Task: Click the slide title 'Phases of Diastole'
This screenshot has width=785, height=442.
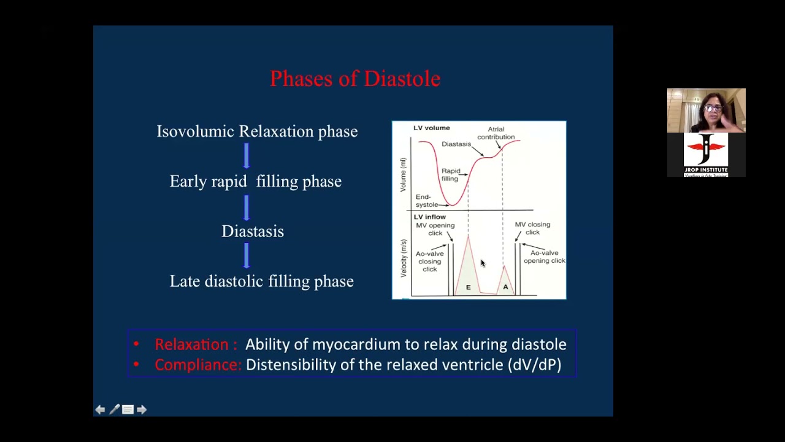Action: [x=355, y=79]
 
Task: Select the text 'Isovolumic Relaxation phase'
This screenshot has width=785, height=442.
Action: [x=257, y=131]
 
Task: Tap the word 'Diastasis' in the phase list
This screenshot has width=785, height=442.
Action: [x=253, y=231]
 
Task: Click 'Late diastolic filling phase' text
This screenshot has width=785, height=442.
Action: [x=262, y=281]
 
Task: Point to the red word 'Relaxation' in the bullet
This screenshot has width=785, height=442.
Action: [x=191, y=344]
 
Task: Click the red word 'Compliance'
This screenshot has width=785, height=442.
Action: [x=197, y=365]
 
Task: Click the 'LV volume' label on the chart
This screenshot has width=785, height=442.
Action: [x=432, y=128]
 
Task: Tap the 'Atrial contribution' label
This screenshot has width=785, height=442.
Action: [x=496, y=133]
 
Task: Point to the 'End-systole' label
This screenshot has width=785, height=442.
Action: [x=427, y=201]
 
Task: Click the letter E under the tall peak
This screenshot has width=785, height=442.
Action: [x=469, y=287]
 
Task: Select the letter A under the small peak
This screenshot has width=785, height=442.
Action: [x=505, y=287]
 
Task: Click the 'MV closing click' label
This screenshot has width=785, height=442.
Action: [x=532, y=228]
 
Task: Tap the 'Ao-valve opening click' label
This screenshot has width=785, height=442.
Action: [x=544, y=257]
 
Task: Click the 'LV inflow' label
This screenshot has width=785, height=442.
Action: [x=430, y=217]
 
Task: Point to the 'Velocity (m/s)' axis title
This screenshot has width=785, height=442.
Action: [x=404, y=258]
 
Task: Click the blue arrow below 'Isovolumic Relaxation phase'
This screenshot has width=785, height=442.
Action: [x=247, y=156]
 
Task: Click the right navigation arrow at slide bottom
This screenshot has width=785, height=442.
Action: [x=142, y=409]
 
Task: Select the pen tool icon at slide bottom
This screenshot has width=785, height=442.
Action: [x=114, y=409]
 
